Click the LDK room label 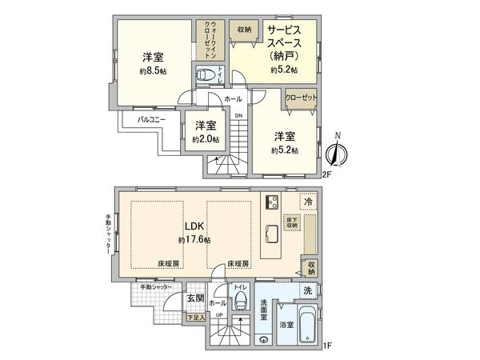point(195,227)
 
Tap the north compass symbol point(339,150)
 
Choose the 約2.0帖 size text point(206,139)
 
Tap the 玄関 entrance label point(195,298)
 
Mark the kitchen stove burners point(271,202)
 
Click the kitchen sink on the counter point(271,234)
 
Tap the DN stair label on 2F point(238,114)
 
